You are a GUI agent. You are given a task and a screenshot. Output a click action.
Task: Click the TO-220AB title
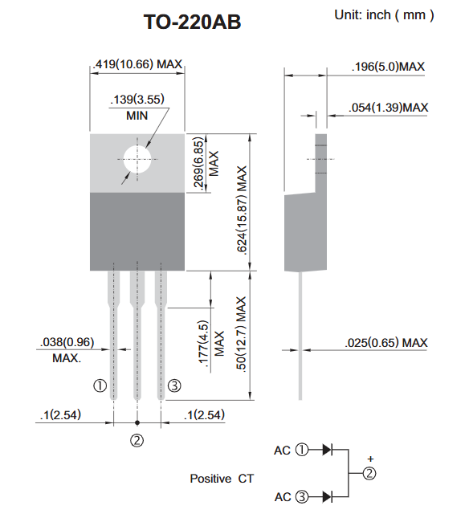click(x=192, y=22)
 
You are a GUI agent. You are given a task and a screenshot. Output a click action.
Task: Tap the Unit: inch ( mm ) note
click(x=384, y=15)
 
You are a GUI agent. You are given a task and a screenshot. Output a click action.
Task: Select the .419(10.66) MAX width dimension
click(x=137, y=63)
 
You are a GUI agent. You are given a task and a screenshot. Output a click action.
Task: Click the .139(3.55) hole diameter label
click(x=137, y=100)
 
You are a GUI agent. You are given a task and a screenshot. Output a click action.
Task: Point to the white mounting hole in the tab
click(x=137, y=160)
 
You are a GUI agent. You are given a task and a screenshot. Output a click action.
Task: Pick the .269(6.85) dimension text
click(x=198, y=162)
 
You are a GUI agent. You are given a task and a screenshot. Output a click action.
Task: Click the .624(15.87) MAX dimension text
click(x=241, y=210)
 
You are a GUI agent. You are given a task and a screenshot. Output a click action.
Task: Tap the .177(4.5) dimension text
click(x=203, y=344)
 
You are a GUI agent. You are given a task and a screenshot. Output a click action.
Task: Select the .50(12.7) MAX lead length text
click(x=241, y=334)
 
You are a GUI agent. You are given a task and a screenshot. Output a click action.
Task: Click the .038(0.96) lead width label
click(x=67, y=342)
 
